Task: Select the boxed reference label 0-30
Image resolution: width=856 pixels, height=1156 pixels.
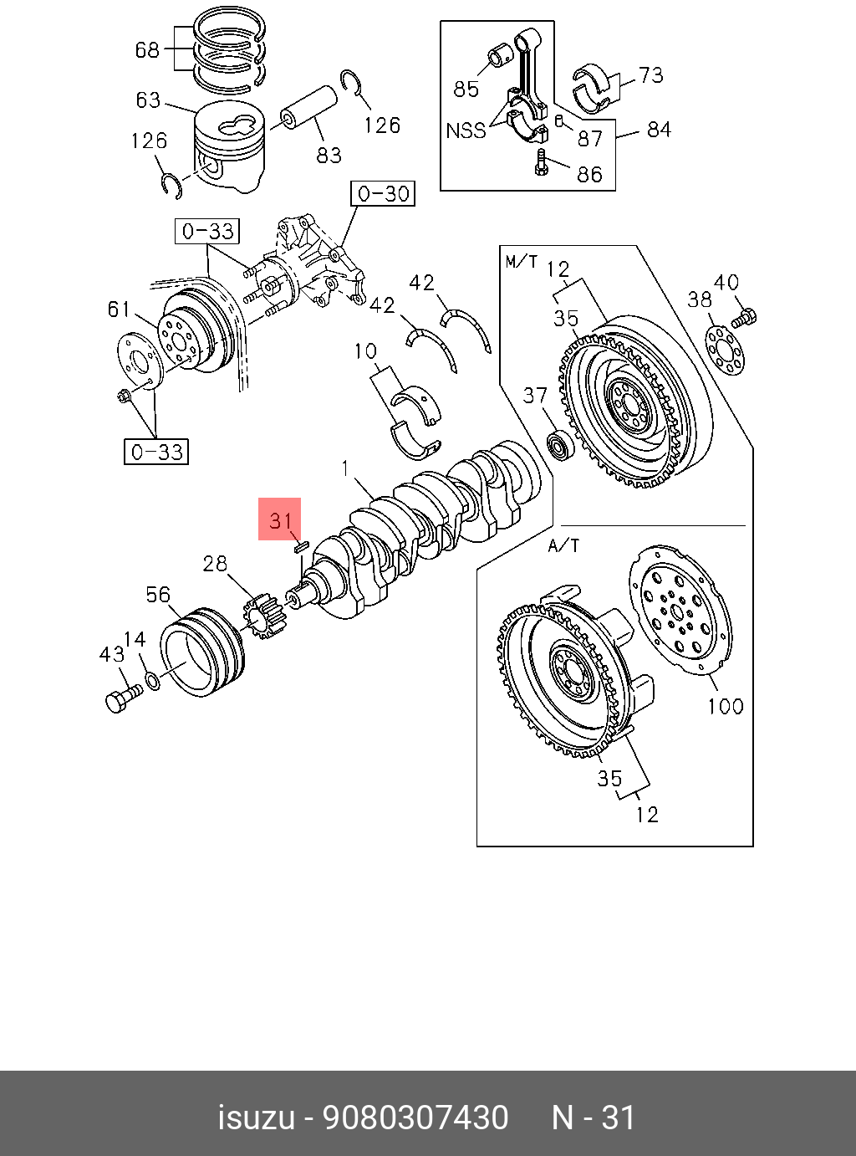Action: tap(383, 194)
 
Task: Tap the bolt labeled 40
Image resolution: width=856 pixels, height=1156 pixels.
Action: tap(744, 318)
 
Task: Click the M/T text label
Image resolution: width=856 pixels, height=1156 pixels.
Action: tap(521, 262)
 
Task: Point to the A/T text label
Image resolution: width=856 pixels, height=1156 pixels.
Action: tap(563, 545)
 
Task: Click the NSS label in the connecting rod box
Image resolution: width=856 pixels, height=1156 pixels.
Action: tap(466, 130)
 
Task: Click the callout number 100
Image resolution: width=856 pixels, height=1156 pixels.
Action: tap(725, 706)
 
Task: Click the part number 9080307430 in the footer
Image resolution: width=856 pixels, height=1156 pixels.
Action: tap(415, 1118)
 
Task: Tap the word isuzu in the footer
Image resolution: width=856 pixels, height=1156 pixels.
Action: tap(256, 1118)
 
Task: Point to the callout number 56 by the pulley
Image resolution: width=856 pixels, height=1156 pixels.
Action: tap(158, 595)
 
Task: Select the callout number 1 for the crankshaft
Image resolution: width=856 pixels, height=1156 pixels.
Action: tap(345, 468)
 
